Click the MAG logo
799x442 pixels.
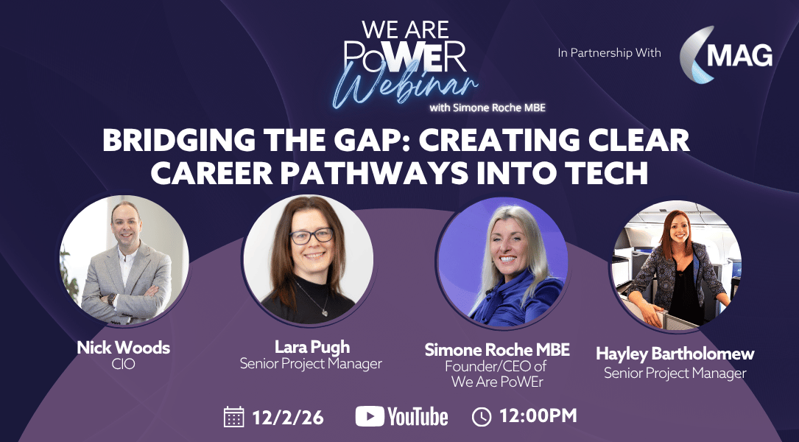click(726, 54)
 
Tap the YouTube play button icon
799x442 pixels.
click(370, 416)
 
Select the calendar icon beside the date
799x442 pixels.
click(234, 416)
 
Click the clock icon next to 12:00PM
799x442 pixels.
click(482, 417)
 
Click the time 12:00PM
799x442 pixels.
click(538, 416)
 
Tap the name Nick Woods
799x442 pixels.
click(123, 348)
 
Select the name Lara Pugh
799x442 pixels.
click(312, 347)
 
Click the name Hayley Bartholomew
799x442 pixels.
click(675, 354)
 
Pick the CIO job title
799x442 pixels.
click(123, 364)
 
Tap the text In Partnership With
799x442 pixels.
click(610, 53)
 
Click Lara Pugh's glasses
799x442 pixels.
click(311, 236)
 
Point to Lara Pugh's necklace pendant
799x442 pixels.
click(324, 312)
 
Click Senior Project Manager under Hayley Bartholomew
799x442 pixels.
click(675, 373)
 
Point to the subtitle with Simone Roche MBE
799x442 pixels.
click(488, 108)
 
